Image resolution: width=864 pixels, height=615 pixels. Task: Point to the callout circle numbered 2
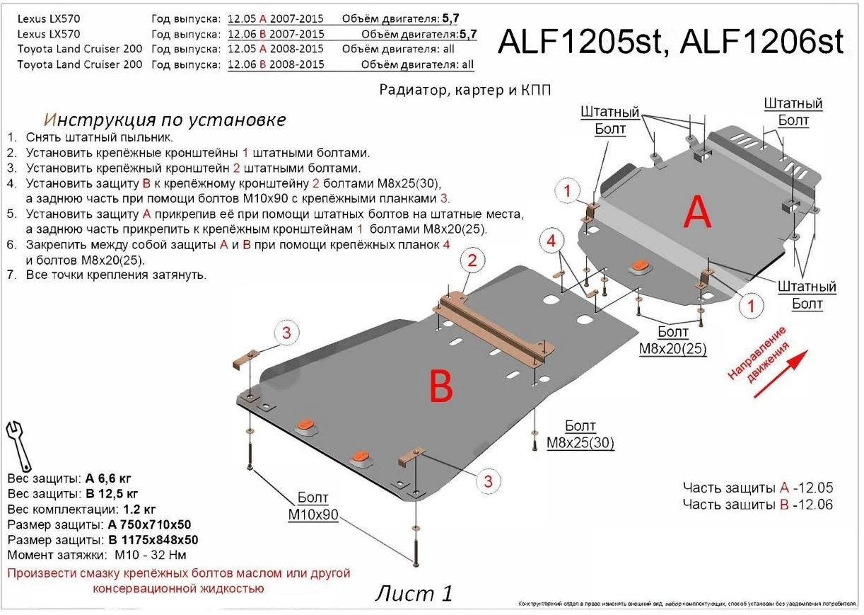pyautogui.click(x=473, y=261)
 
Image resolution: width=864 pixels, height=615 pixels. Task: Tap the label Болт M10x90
pyautogui.click(x=313, y=507)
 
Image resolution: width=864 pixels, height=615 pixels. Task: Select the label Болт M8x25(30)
pyautogui.click(x=580, y=435)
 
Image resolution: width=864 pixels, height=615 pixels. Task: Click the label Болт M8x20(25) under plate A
pyautogui.click(x=671, y=340)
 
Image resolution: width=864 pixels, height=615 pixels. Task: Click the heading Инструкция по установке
pyautogui.click(x=165, y=120)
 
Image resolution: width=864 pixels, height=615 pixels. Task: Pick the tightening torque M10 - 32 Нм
pyautogui.click(x=148, y=556)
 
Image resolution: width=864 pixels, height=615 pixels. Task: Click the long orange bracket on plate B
pyautogui.click(x=494, y=329)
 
